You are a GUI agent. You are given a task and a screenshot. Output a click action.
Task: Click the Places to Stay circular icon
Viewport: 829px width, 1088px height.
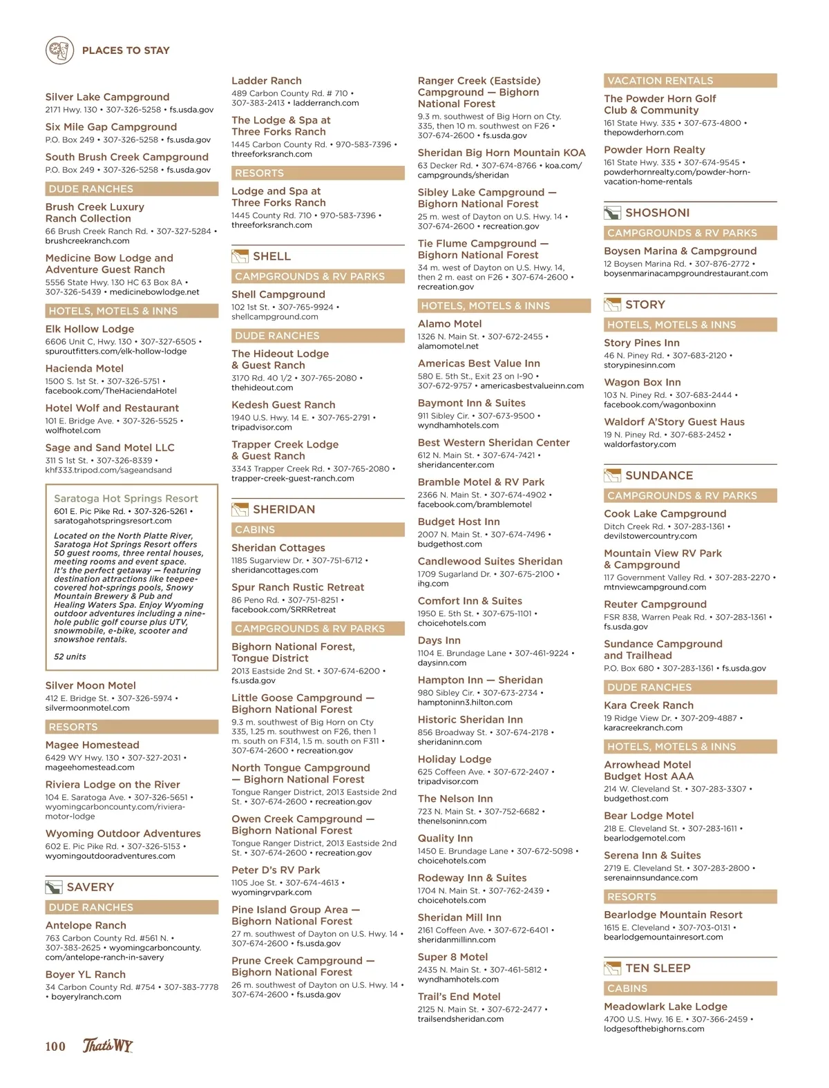pyautogui.click(x=59, y=50)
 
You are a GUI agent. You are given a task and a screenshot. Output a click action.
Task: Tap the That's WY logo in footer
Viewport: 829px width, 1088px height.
pyautogui.click(x=108, y=1045)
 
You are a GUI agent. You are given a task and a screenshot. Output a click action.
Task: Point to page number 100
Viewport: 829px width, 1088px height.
pyautogui.click(x=55, y=1046)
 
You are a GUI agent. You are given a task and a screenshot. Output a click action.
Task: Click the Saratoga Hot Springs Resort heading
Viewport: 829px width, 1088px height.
pyautogui.click(x=126, y=498)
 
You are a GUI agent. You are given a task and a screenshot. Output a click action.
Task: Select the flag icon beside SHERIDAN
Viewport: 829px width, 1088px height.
pyautogui.click(x=240, y=510)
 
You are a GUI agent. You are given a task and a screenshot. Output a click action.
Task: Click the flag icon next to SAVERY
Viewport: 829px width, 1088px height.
pyautogui.click(x=53, y=887)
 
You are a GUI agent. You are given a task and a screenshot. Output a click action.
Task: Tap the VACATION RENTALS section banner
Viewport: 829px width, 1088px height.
pyautogui.click(x=689, y=81)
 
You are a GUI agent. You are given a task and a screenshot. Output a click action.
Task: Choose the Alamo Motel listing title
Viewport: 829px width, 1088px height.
pyautogui.click(x=450, y=323)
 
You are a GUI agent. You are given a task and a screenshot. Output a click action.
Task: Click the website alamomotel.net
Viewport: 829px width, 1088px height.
pyautogui.click(x=448, y=346)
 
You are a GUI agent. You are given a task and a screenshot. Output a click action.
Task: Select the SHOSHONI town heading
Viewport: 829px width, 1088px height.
pyautogui.click(x=657, y=213)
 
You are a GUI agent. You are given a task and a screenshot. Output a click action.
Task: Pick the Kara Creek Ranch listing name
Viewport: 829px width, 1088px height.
pyautogui.click(x=648, y=705)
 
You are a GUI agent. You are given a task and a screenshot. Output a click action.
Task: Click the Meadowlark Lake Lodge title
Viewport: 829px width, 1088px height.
pyautogui.click(x=665, y=1006)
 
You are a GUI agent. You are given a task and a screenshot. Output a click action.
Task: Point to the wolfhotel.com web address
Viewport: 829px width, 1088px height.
pyautogui.click(x=73, y=430)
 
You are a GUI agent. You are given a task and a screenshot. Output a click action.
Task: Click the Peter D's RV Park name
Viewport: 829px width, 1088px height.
pyautogui.click(x=276, y=870)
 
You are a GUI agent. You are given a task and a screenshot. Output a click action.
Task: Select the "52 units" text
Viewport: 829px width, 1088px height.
pyautogui.click(x=70, y=656)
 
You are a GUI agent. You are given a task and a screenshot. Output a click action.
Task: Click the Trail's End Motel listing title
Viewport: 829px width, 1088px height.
pyautogui.click(x=459, y=996)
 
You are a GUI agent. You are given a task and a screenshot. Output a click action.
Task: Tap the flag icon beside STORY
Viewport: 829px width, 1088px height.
pyautogui.click(x=612, y=305)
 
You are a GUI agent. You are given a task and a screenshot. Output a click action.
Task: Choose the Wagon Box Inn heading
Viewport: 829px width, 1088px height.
pyautogui.click(x=642, y=382)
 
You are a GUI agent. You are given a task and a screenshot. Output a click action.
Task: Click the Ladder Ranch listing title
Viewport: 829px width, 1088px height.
pyautogui.click(x=266, y=81)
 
